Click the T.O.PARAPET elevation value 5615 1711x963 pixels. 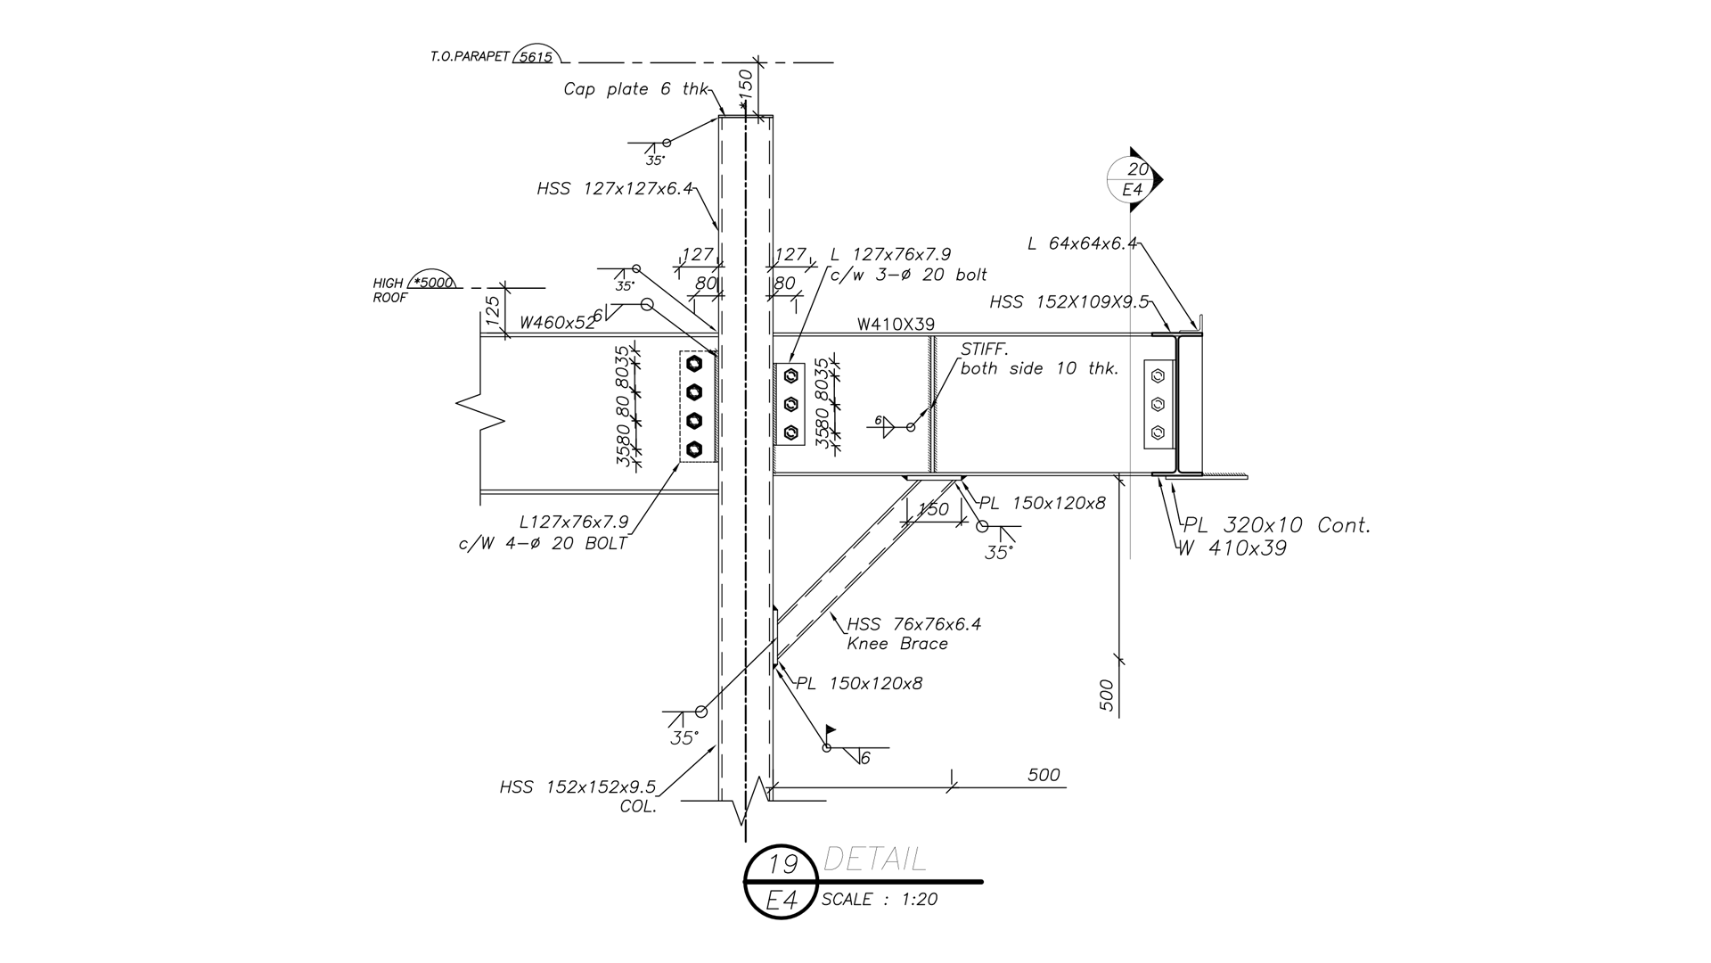pos(535,57)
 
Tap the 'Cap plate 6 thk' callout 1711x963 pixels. pos(635,89)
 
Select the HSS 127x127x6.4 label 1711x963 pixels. pos(614,189)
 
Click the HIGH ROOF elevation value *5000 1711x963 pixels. pos(434,283)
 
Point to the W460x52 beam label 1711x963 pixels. pos(557,323)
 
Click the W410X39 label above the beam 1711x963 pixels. pos(896,325)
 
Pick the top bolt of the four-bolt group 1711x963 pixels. pos(695,364)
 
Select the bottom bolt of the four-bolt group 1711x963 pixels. pos(695,449)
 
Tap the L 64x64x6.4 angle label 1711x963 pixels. pos(1082,243)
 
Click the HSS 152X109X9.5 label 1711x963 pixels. pos(1068,302)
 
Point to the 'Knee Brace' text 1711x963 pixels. pos(896,644)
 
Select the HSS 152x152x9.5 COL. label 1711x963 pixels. pos(577,788)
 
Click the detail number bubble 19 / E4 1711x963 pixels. pos(782,881)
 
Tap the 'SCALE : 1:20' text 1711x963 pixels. pos(879,900)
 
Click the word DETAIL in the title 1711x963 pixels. pos(874,860)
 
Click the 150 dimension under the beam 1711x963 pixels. pos(933,509)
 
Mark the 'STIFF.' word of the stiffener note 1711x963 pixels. pos(984,350)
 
